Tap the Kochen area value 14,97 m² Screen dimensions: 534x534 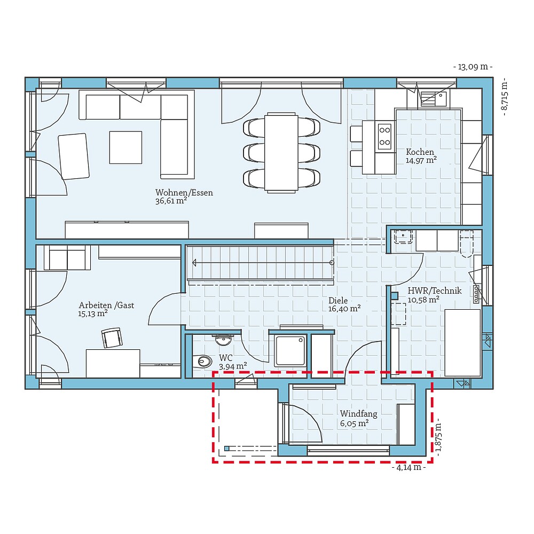click(x=421, y=160)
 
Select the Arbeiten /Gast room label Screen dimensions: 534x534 click(x=106, y=305)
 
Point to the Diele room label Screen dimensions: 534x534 click(x=337, y=301)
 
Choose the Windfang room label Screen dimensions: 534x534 click(x=358, y=414)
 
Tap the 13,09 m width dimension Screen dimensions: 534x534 click(x=473, y=67)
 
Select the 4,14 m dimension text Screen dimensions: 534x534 click(x=409, y=468)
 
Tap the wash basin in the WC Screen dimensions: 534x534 click(x=223, y=339)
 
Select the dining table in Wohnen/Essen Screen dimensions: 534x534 click(x=282, y=152)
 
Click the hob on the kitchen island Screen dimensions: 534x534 click(x=384, y=136)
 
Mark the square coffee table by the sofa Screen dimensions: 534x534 click(x=125, y=147)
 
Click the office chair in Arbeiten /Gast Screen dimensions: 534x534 click(x=112, y=337)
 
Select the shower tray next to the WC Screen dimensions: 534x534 click(x=290, y=350)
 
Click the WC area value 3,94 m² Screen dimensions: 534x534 click(x=233, y=366)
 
